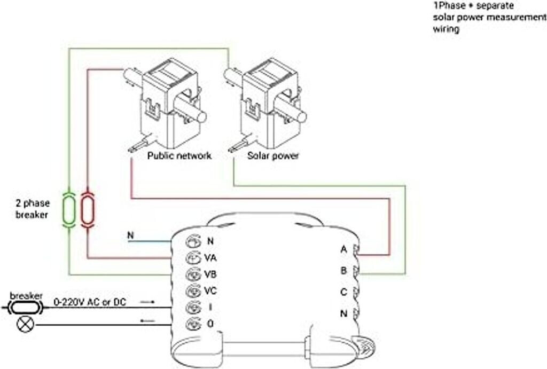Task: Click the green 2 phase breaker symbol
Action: tap(69, 210)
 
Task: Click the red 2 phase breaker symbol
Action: tap(87, 210)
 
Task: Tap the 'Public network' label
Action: tap(179, 155)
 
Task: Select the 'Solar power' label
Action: tap(273, 155)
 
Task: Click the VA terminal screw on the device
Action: tap(193, 258)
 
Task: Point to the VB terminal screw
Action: tap(193, 274)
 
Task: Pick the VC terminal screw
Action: tap(193, 291)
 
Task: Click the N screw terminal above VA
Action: tap(193, 241)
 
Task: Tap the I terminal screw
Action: tap(193, 307)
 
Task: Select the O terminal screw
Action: tap(193, 324)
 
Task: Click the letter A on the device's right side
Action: tap(344, 250)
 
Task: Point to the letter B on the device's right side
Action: tap(344, 270)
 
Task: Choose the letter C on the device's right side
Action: tap(344, 292)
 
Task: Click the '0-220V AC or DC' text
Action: tap(90, 302)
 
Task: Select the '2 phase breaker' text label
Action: tap(33, 209)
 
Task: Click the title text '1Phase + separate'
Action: tap(473, 6)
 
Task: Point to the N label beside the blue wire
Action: tap(130, 235)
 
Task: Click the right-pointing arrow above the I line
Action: tap(147, 302)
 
